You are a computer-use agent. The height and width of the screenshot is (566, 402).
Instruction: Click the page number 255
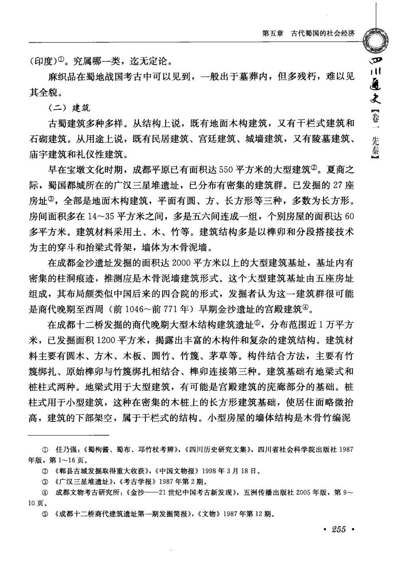(x=339, y=529)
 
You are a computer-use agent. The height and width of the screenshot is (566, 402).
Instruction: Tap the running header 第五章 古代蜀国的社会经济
(x=308, y=34)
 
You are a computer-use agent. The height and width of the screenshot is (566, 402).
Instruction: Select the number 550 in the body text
(x=226, y=170)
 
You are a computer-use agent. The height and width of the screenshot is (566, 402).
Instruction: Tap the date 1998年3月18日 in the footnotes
(x=231, y=471)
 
